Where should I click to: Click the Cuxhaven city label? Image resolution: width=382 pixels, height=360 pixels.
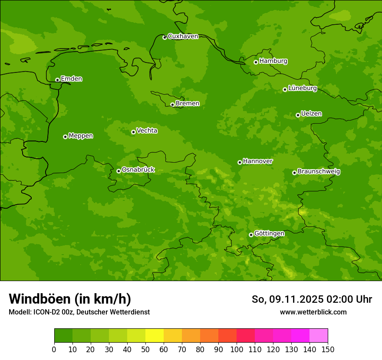183,36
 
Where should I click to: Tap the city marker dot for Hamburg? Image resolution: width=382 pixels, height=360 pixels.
256,62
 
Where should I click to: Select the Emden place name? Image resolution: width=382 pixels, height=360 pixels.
71,79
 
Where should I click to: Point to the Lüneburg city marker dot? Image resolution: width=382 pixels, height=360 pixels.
285,89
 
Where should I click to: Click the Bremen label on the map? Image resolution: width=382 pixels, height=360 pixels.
188,103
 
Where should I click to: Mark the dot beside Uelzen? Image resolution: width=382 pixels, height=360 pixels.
298,115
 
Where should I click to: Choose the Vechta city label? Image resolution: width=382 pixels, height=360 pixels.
147,131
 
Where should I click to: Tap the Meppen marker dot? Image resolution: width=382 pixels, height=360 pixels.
65,137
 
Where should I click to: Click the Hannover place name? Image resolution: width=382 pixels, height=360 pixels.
257,161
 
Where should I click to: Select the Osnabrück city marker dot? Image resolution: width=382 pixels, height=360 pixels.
119,171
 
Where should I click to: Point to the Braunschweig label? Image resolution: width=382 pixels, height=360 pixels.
319,171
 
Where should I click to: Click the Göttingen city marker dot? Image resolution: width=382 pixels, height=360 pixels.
251,235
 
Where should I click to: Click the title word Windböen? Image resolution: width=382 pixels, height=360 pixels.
40,299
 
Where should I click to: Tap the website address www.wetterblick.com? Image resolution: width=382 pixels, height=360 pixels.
313,312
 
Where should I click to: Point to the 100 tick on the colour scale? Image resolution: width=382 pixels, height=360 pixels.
237,349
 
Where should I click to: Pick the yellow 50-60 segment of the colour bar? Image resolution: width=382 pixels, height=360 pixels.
155,336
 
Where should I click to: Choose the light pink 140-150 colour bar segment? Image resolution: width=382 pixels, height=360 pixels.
319,336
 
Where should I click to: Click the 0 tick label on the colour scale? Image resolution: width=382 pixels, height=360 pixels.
54,349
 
